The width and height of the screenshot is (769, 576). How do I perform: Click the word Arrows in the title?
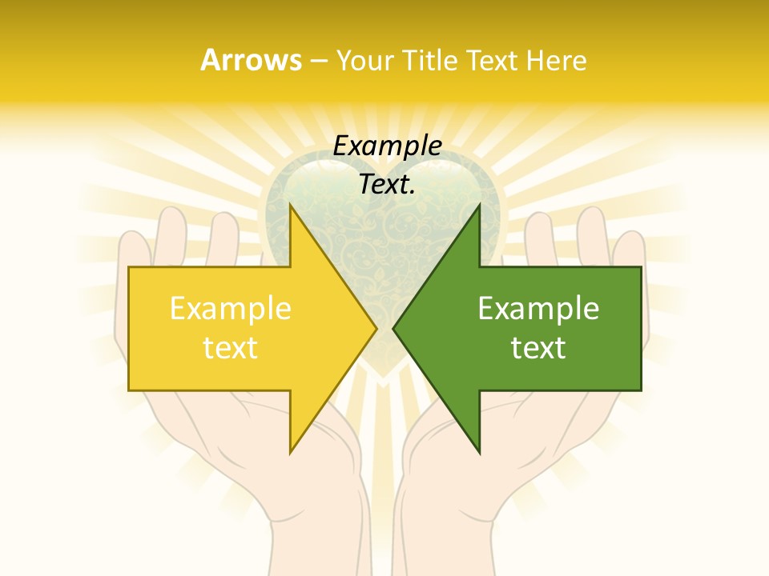point(251,60)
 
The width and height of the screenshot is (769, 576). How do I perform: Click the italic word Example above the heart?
point(388,146)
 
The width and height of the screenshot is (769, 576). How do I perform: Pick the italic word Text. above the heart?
point(388,184)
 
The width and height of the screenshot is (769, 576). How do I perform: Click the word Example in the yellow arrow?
point(231,308)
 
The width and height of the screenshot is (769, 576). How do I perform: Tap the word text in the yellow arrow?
point(231,347)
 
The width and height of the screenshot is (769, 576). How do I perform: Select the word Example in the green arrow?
point(538,308)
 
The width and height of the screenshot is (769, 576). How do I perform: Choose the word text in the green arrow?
point(538,347)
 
